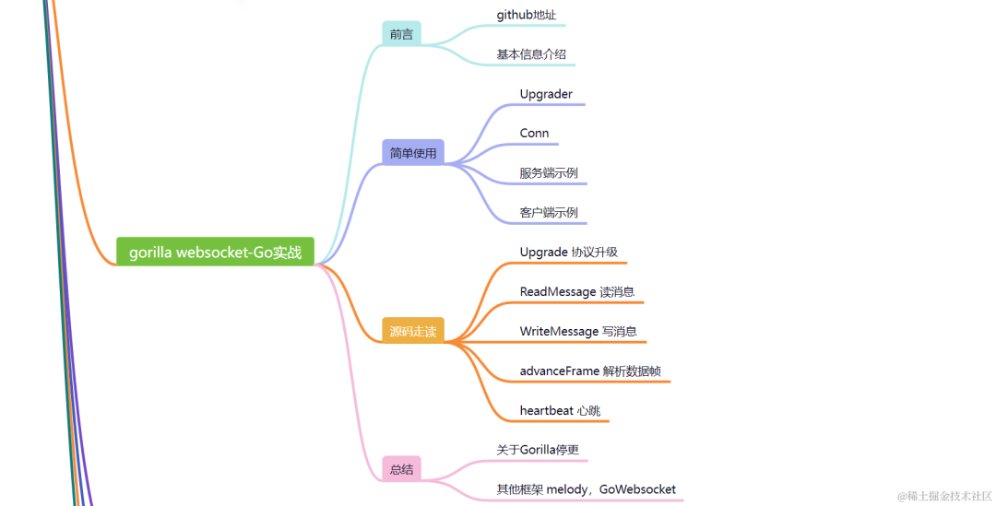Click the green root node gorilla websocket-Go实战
pyautogui.click(x=215, y=252)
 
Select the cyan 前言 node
pyautogui.click(x=401, y=34)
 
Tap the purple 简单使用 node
pyautogui.click(x=413, y=153)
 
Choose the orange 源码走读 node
pyautogui.click(x=413, y=331)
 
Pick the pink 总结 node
pyautogui.click(x=401, y=469)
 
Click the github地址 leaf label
pyautogui.click(x=527, y=15)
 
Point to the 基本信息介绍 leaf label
pyautogui.click(x=531, y=54)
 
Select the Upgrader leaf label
pyautogui.click(x=546, y=94)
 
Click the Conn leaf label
pyautogui.click(x=534, y=134)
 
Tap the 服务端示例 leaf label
pyautogui.click(x=549, y=172)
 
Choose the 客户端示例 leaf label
pyautogui.click(x=549, y=212)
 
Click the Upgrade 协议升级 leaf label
pyautogui.click(x=568, y=252)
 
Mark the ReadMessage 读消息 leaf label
pyautogui.click(x=576, y=291)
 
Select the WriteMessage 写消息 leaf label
pyautogui.click(x=578, y=331)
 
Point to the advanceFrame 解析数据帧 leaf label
pyautogui.click(x=590, y=371)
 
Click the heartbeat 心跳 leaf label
pyautogui.click(x=560, y=410)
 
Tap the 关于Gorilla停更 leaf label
pyautogui.click(x=538, y=450)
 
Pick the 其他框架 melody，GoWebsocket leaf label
pyautogui.click(x=586, y=489)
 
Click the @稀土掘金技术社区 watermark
pyautogui.click(x=944, y=495)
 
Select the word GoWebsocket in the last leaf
pyautogui.click(x=637, y=489)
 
